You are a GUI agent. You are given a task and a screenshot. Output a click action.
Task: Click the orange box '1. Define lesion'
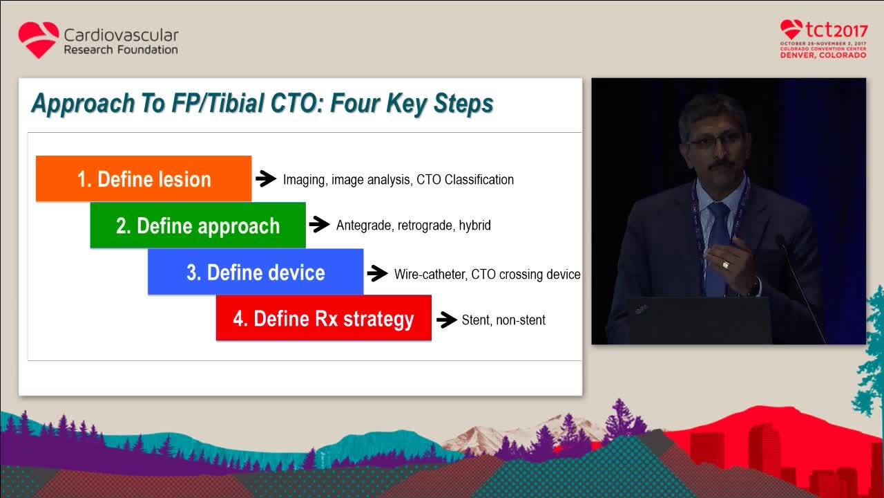(144, 178)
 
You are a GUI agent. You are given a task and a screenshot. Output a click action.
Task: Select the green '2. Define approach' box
(198, 225)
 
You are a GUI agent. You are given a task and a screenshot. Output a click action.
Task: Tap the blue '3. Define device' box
(256, 272)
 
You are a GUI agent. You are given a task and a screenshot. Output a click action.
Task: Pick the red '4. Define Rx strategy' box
(324, 317)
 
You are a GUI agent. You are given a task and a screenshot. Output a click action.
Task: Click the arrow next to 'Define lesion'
(266, 178)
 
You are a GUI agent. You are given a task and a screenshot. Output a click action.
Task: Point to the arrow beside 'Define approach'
(319, 224)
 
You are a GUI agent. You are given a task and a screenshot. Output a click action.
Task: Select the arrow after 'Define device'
(377, 273)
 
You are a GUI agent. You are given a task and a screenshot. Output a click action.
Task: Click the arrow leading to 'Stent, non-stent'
(447, 320)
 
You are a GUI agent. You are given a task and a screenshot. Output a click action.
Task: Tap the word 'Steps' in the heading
(463, 104)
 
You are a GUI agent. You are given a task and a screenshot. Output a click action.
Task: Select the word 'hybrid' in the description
(474, 225)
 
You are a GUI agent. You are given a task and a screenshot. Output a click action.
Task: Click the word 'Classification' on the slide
(479, 179)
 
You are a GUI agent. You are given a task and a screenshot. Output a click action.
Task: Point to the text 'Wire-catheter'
(430, 274)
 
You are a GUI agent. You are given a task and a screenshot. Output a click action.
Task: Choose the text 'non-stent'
(521, 320)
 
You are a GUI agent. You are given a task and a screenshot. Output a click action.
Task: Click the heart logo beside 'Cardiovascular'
(39, 40)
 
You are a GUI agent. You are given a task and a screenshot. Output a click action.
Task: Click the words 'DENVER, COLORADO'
(823, 55)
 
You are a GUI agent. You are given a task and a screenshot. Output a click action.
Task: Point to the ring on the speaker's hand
(725, 264)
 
